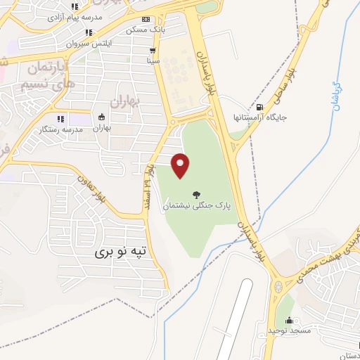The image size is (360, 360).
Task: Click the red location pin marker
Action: click(181, 165)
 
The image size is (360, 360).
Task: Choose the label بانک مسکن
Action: click(146, 30)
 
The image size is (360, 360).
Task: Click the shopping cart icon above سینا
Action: click(153, 51)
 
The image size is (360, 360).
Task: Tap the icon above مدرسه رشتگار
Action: click(60, 118)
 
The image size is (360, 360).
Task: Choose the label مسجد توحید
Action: click(289, 329)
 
